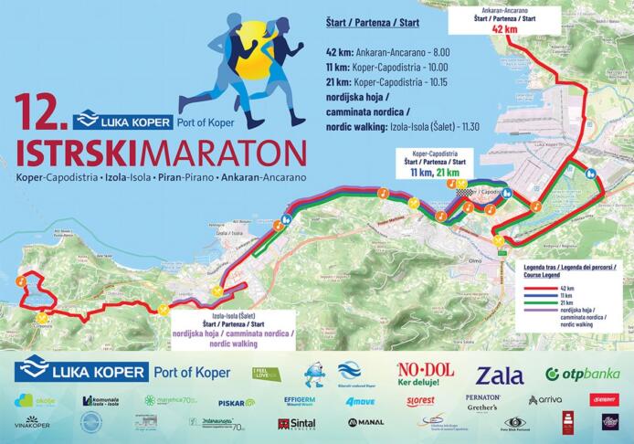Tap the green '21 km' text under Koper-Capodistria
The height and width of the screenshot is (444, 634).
447,172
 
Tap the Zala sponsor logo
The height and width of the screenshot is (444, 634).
500,375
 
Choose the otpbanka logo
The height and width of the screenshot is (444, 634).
582,374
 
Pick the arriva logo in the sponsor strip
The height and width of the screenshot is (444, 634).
544,400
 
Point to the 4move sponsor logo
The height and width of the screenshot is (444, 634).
360,401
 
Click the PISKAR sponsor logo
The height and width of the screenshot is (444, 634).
236,402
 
